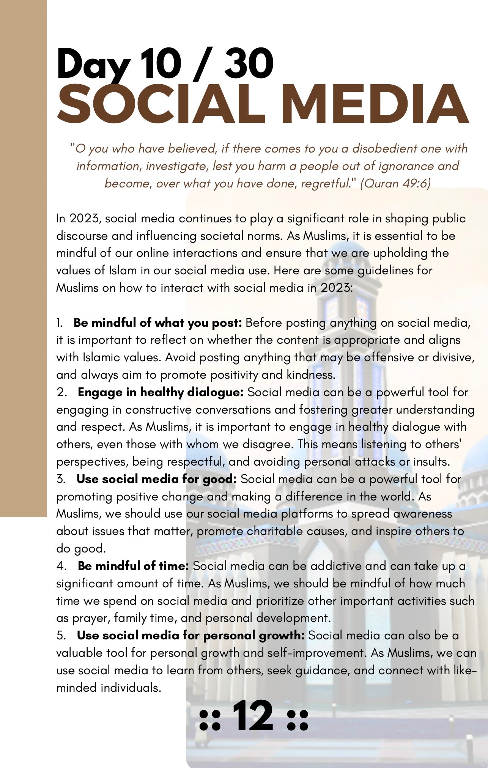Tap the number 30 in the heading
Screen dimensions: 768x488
pos(249,64)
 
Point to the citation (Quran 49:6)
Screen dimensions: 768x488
pos(395,184)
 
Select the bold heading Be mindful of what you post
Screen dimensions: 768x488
pos(158,323)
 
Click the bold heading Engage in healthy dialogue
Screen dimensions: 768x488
pos(161,392)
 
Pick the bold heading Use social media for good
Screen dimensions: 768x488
pos(156,479)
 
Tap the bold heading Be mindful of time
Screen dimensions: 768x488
pos(133,566)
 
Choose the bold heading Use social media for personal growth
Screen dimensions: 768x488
pos(190,636)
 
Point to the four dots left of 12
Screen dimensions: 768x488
pos(210,720)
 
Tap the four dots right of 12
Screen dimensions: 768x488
pos(298,720)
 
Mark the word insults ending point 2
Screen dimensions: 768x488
pos(431,462)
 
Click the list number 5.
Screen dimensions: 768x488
pos(61,636)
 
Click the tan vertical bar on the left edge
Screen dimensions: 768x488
pos(23,258)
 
